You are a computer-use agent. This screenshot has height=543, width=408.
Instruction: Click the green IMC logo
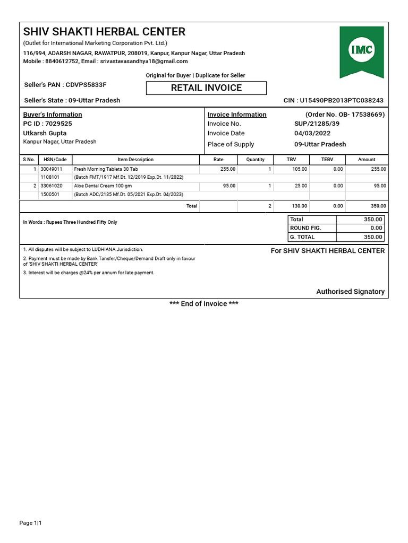(x=361, y=50)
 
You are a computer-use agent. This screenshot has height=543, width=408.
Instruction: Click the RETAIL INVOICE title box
(x=206, y=88)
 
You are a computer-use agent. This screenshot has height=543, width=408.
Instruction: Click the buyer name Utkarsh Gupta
(x=45, y=133)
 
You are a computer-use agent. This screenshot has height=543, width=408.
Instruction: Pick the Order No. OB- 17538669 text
(x=345, y=115)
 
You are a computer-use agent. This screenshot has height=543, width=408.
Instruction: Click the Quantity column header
(x=255, y=160)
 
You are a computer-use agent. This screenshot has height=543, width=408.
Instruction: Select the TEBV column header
(x=327, y=160)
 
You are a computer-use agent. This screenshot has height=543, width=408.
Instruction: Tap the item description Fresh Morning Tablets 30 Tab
(x=106, y=169)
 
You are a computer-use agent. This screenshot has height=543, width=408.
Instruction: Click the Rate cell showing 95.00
(x=229, y=186)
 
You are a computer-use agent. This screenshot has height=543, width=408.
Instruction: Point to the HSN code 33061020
(x=52, y=186)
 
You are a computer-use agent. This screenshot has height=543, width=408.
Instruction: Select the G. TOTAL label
(x=302, y=237)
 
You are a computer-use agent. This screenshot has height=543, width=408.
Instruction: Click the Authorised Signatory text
(x=350, y=292)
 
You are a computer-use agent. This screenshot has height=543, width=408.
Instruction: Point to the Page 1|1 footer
(x=30, y=523)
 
